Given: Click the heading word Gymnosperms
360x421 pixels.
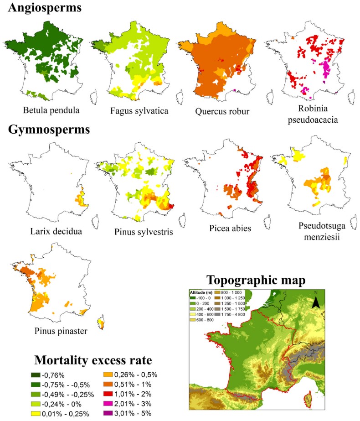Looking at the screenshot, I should point(49,129).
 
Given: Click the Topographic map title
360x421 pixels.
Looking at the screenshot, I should point(256,280).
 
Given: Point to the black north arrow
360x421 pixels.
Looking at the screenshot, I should point(315,301).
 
